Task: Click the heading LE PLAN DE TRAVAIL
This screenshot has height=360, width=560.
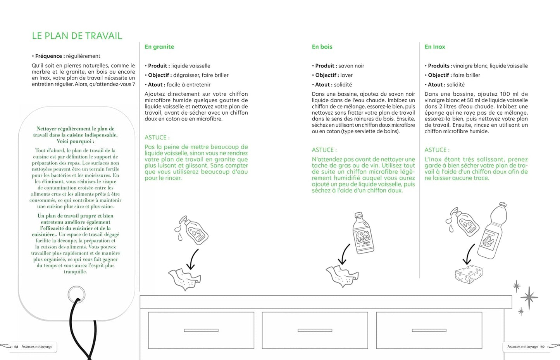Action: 77,36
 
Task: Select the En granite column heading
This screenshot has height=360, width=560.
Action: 159,47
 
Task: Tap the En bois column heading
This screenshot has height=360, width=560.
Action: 322,47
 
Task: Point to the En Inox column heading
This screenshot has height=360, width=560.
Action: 435,47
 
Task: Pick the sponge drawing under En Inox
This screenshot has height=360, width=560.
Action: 469,274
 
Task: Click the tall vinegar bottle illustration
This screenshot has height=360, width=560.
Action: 492,231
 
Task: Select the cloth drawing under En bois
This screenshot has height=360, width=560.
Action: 342,275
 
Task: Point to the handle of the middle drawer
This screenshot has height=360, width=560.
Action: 315,331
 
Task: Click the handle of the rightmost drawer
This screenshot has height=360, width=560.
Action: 429,331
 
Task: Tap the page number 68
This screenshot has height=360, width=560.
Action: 16,347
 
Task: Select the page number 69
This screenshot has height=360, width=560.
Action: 543,347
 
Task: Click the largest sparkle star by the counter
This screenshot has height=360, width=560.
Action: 529,298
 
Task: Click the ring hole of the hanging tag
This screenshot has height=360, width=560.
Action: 76,295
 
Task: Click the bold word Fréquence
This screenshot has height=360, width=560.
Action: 48,56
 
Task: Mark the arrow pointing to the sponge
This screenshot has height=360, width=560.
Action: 469,254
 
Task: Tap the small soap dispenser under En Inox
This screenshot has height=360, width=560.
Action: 463,222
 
